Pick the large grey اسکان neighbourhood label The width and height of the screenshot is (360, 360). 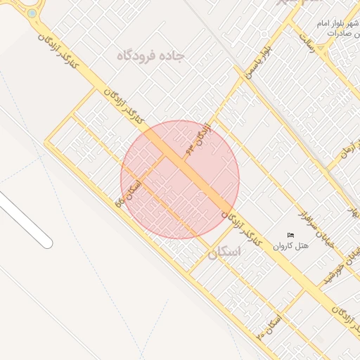pos(224,251)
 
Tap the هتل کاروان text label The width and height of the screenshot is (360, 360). pos(290,245)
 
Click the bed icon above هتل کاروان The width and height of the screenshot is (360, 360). pos(290,235)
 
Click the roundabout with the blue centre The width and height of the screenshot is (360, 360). pos(32,13)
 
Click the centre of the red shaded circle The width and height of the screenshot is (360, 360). pos(180,180)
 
